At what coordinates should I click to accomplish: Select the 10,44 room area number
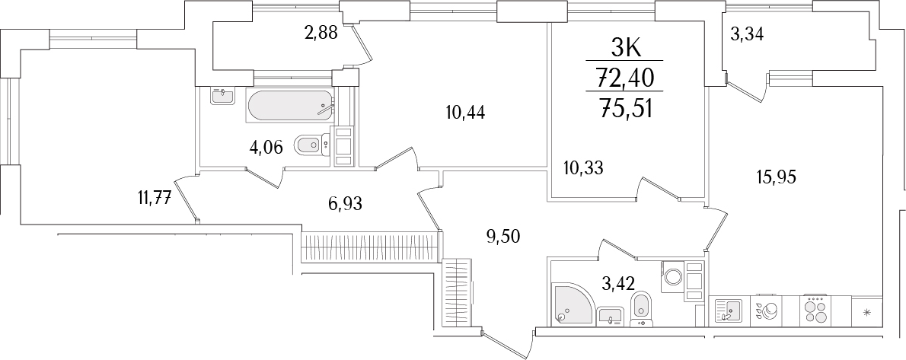tap(466, 113)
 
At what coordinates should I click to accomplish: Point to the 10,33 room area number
tap(583, 167)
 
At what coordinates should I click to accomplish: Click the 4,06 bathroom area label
tap(266, 147)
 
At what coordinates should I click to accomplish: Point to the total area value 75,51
tap(627, 106)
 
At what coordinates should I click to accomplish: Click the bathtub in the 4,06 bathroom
tap(290, 106)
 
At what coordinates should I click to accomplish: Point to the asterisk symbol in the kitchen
tap(866, 311)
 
